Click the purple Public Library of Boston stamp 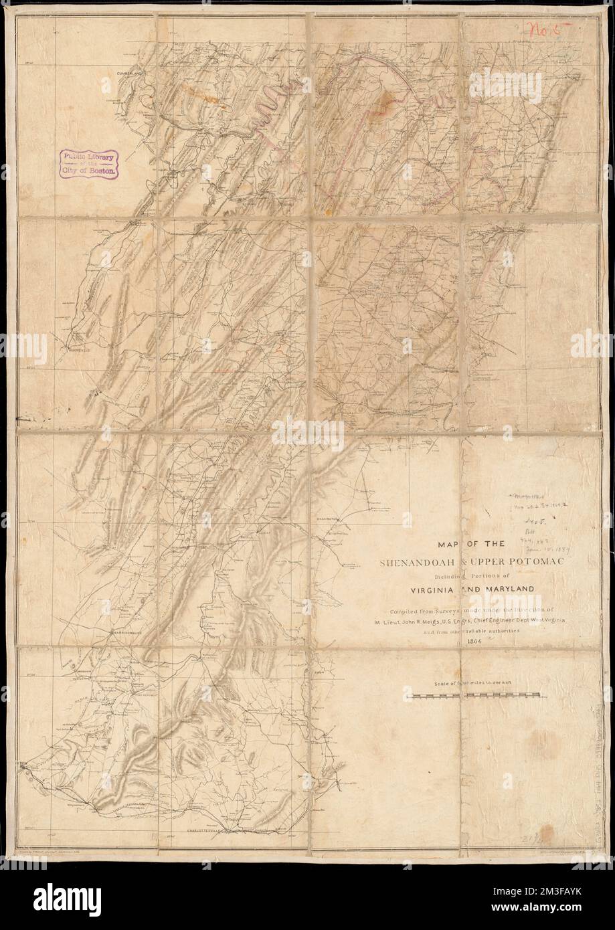[x=90, y=163]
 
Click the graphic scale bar [x=474, y=697]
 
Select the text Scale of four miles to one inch [x=475, y=684]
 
